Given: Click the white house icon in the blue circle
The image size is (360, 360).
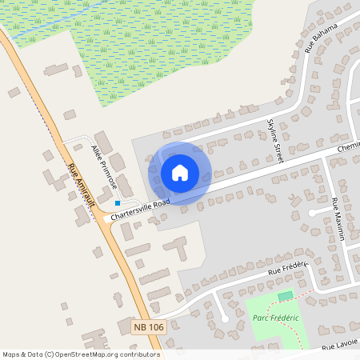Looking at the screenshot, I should coord(180,173).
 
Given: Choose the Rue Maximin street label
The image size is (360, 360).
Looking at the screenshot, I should coord(338,219).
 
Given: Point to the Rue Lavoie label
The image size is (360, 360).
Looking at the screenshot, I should coord(338,346).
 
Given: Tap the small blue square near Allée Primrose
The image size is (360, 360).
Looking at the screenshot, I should coord(117,203).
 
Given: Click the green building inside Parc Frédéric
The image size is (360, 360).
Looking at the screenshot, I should coord(285,297).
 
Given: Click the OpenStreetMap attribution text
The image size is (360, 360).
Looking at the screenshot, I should coord(81,354).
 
